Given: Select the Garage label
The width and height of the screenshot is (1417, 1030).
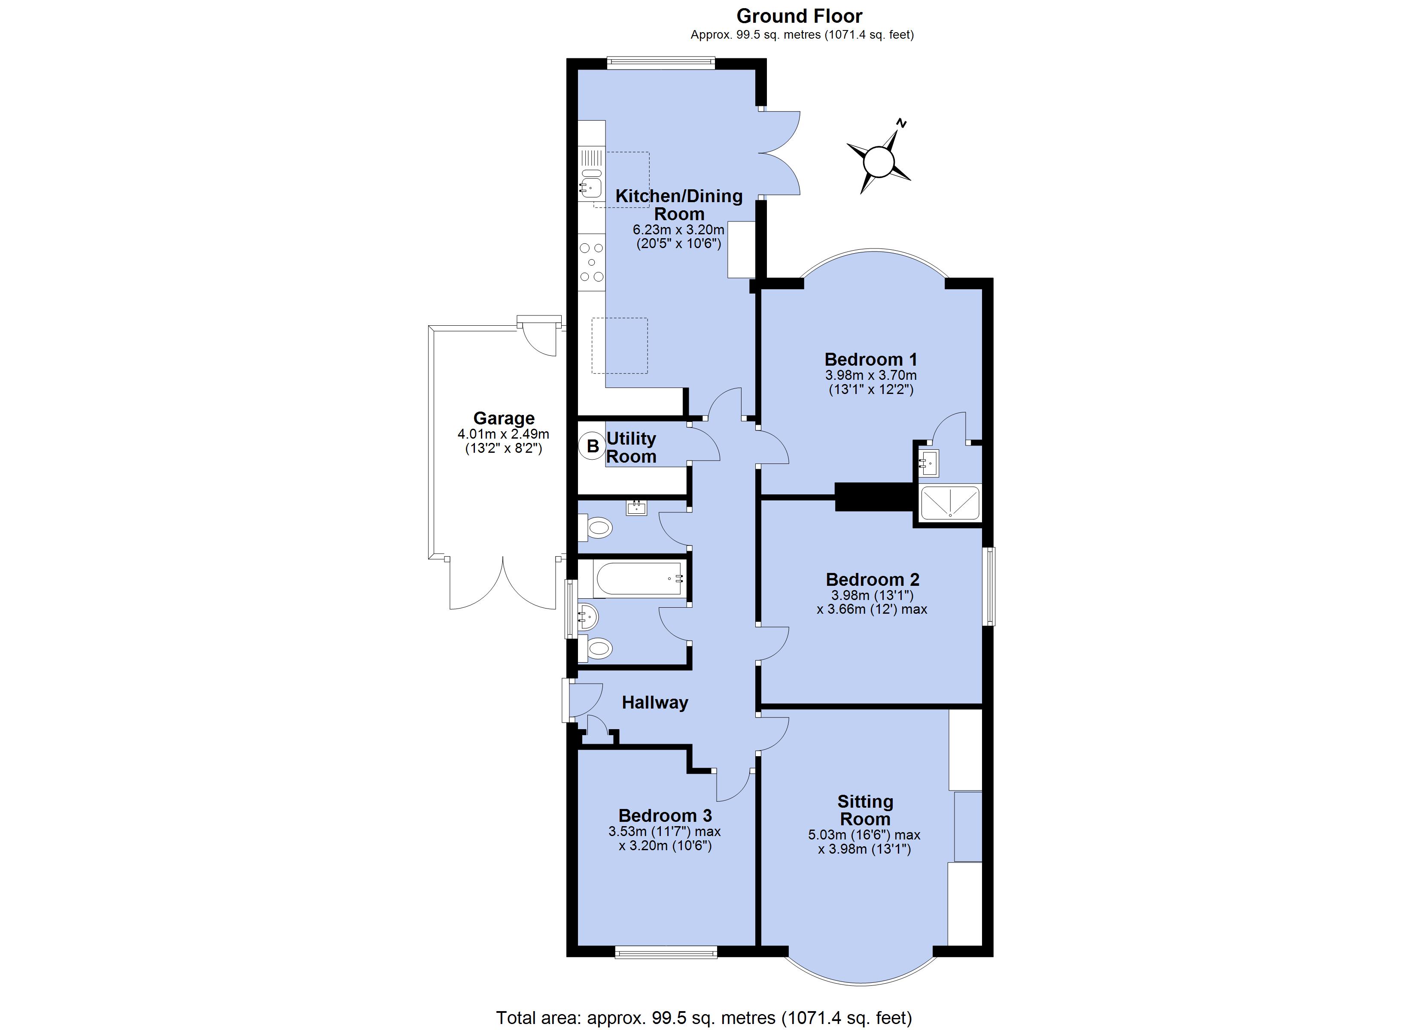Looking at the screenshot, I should point(504,418).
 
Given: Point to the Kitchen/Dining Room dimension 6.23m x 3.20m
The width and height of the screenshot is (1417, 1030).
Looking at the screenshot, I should point(678,230).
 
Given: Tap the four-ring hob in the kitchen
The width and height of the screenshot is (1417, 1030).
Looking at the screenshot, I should point(154,262).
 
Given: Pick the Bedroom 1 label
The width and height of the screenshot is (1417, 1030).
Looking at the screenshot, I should point(870,359).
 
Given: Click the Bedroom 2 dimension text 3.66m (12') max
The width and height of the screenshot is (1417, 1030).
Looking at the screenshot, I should point(872,609).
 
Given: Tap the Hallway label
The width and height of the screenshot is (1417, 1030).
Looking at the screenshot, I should point(655,703).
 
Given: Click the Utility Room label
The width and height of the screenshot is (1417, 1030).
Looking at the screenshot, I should point(631,447).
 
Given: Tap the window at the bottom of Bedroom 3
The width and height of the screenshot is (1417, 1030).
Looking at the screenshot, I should point(666,952).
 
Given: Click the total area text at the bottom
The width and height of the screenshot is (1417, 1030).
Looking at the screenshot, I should point(704,1018).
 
